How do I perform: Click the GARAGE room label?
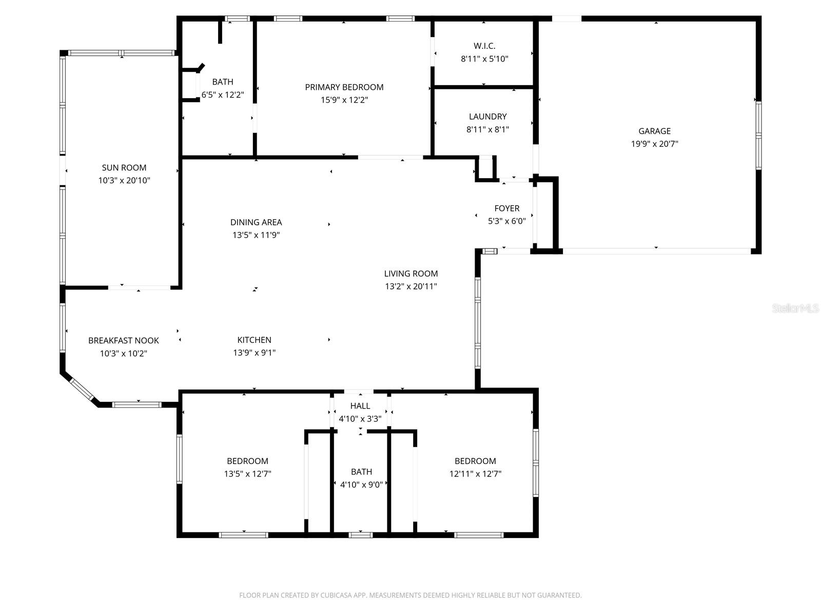pyautogui.click(x=654, y=131)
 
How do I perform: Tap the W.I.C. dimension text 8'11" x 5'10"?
pyautogui.click(x=484, y=59)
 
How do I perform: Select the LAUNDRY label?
pyautogui.click(x=487, y=117)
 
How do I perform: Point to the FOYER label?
pyautogui.click(x=506, y=208)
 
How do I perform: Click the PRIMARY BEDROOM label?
pyautogui.click(x=344, y=87)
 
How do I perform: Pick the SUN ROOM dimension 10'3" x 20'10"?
pyautogui.click(x=124, y=181)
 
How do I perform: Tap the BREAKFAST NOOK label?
pyautogui.click(x=123, y=340)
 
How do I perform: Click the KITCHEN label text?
pyautogui.click(x=254, y=340)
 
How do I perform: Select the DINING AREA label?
pyautogui.click(x=256, y=222)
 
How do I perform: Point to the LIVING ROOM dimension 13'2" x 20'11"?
pyautogui.click(x=411, y=286)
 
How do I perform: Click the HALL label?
pyautogui.click(x=360, y=406)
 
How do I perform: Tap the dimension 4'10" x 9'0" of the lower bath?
pyautogui.click(x=361, y=484)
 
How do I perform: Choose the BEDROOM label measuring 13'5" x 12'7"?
pyautogui.click(x=247, y=461)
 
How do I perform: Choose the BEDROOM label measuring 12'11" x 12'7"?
pyautogui.click(x=475, y=461)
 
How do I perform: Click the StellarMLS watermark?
pyautogui.click(x=795, y=308)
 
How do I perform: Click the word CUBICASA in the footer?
pyautogui.click(x=338, y=595)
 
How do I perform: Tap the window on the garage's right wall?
pyautogui.click(x=758, y=135)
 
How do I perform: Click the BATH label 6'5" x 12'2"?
pyautogui.click(x=222, y=82)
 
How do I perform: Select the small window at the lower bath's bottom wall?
pyautogui.click(x=360, y=535)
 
